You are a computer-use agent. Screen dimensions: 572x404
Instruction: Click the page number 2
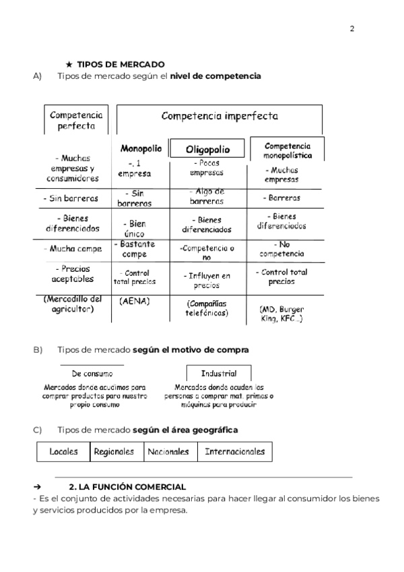click(x=352, y=28)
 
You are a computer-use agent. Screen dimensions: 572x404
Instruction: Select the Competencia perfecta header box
click(x=76, y=120)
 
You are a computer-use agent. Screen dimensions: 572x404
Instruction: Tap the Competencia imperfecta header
click(x=220, y=116)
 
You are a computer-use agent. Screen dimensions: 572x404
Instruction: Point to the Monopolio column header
click(x=141, y=148)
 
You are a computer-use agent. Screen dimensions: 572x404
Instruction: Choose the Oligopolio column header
click(x=208, y=149)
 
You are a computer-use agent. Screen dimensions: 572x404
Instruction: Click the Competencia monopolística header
click(x=288, y=150)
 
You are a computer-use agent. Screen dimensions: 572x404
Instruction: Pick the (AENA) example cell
click(x=135, y=302)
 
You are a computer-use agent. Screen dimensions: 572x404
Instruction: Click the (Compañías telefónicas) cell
click(x=207, y=308)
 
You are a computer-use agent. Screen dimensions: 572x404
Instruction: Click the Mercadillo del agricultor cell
click(x=72, y=304)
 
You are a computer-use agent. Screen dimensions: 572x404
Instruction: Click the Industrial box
click(x=219, y=373)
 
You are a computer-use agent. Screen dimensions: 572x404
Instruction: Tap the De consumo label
click(x=92, y=373)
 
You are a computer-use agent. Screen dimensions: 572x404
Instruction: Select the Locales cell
click(x=64, y=452)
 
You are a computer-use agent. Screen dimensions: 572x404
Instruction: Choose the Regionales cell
click(x=114, y=452)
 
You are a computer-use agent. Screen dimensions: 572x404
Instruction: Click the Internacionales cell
click(x=234, y=452)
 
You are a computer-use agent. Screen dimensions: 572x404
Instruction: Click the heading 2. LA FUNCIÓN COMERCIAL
click(x=127, y=486)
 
